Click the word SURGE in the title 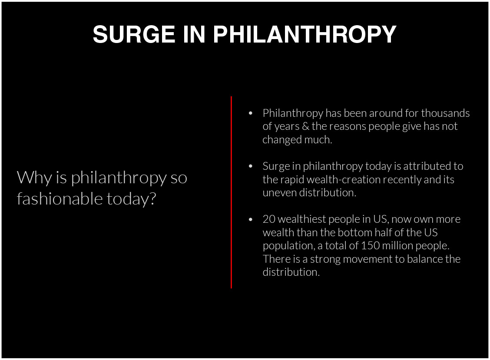coord(134,34)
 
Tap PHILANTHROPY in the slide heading coord(305,34)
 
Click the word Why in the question coord(34,178)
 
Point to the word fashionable coord(60,198)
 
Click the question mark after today coord(152,198)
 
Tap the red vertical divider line coord(231,192)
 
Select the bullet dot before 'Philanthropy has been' coord(250,113)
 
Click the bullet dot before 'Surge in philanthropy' coord(250,166)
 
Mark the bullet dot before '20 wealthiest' coord(250,219)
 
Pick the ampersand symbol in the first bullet coord(306,126)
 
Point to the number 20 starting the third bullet coord(269,219)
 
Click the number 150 coord(370,246)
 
